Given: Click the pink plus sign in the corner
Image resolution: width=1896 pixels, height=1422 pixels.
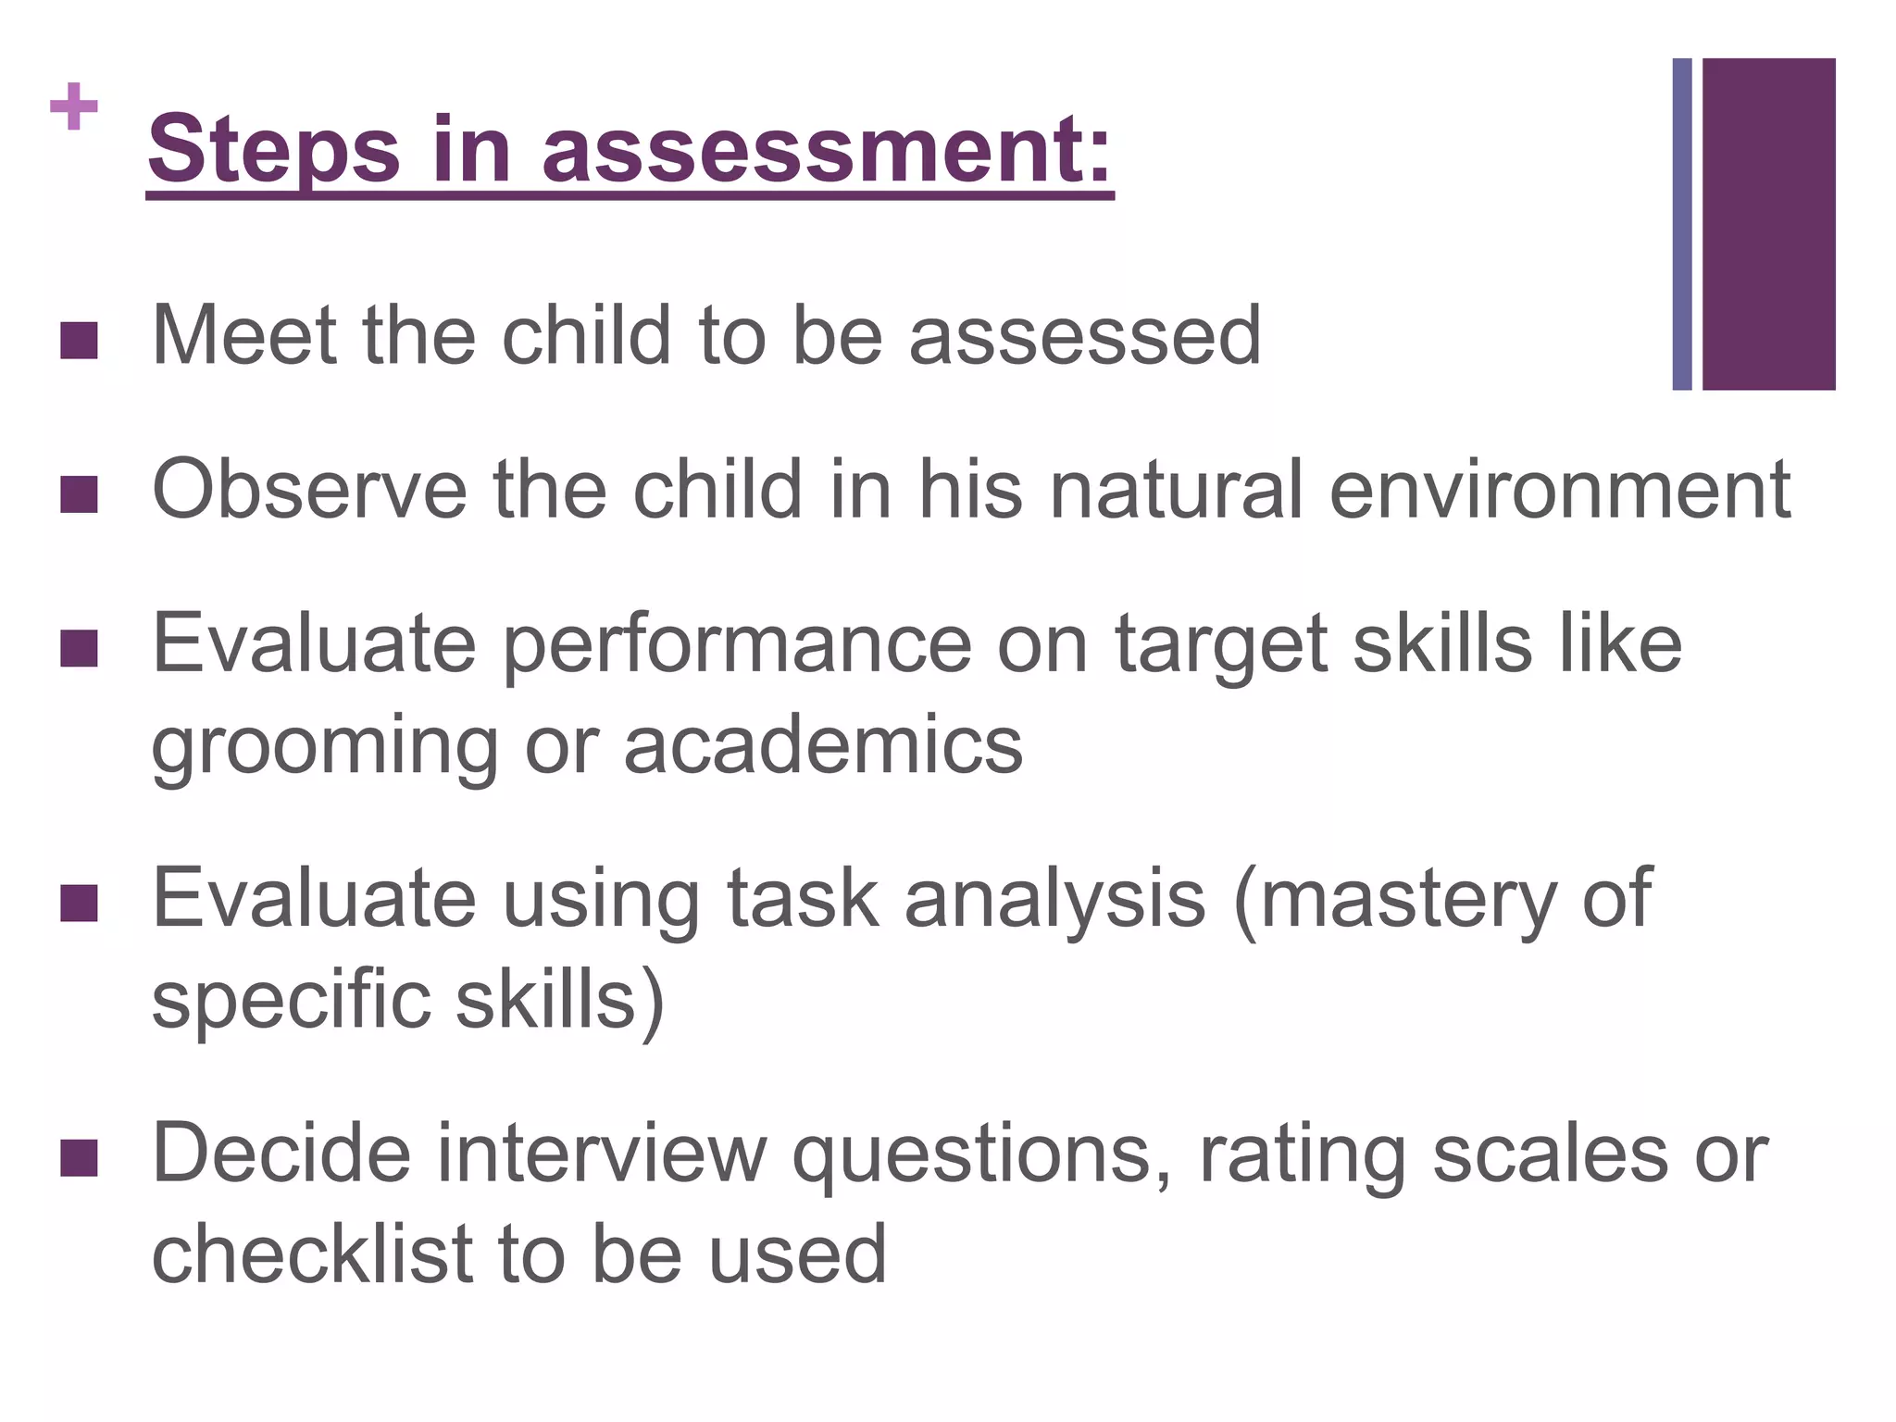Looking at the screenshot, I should tap(74, 107).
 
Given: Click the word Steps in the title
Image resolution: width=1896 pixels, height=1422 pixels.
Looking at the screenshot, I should tap(274, 150).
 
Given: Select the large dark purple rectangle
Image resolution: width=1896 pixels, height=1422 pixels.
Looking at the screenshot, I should tap(1768, 224).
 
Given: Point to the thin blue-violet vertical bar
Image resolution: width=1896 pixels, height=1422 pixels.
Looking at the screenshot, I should tap(1682, 224).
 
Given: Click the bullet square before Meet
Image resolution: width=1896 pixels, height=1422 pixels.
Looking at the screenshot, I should tap(79, 340).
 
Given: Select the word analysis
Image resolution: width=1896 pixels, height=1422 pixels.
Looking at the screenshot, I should tap(1054, 900).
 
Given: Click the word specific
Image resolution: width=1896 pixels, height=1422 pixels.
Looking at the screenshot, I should tap(291, 1002).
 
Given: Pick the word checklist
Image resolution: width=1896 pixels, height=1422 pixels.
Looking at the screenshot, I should tap(312, 1254).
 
